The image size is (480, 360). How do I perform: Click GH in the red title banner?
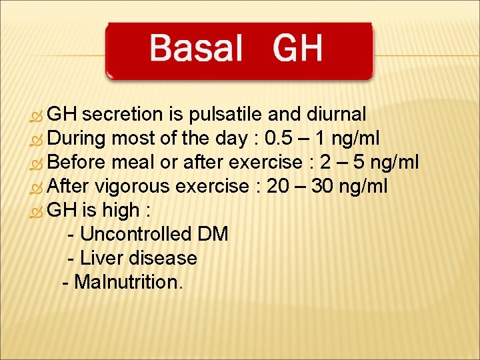coord(297,49)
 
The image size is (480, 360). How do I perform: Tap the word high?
coord(119,211)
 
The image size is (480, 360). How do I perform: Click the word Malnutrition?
coord(127,283)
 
